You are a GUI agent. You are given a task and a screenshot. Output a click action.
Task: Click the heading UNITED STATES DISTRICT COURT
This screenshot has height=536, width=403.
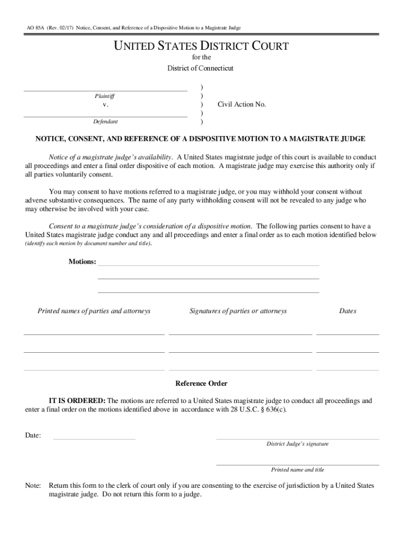coord(201,47)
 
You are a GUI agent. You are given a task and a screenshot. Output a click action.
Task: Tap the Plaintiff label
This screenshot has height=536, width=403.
coord(105,96)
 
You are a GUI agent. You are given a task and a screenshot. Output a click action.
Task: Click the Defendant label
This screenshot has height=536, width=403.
coord(105,121)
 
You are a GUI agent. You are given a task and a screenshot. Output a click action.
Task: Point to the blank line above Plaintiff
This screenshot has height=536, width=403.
coord(105,90)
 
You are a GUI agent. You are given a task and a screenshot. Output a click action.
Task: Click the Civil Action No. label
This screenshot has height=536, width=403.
coord(242,104)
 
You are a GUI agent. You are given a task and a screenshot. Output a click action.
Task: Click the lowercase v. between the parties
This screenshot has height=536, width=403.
coord(105,105)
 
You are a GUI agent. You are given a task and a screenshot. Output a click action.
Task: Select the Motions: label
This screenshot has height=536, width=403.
coord(82,262)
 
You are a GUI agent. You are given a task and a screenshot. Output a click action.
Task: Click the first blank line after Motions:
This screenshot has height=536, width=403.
coord(208,265)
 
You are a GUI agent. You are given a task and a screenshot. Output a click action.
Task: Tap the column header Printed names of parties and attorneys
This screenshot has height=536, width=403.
coord(94,311)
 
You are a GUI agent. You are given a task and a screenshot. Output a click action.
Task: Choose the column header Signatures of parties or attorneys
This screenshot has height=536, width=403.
coord(238,311)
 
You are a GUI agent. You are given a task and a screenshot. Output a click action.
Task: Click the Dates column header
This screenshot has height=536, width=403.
coord(348,311)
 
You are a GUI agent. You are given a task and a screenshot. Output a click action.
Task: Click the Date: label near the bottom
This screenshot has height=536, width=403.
coord(33,435)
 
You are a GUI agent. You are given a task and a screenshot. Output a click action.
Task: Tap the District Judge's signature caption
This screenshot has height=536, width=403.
coord(297,444)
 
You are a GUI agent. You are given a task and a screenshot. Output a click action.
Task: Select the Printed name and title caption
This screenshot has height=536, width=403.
coord(297,470)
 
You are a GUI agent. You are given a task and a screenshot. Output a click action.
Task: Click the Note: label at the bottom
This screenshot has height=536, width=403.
coord(33,486)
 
